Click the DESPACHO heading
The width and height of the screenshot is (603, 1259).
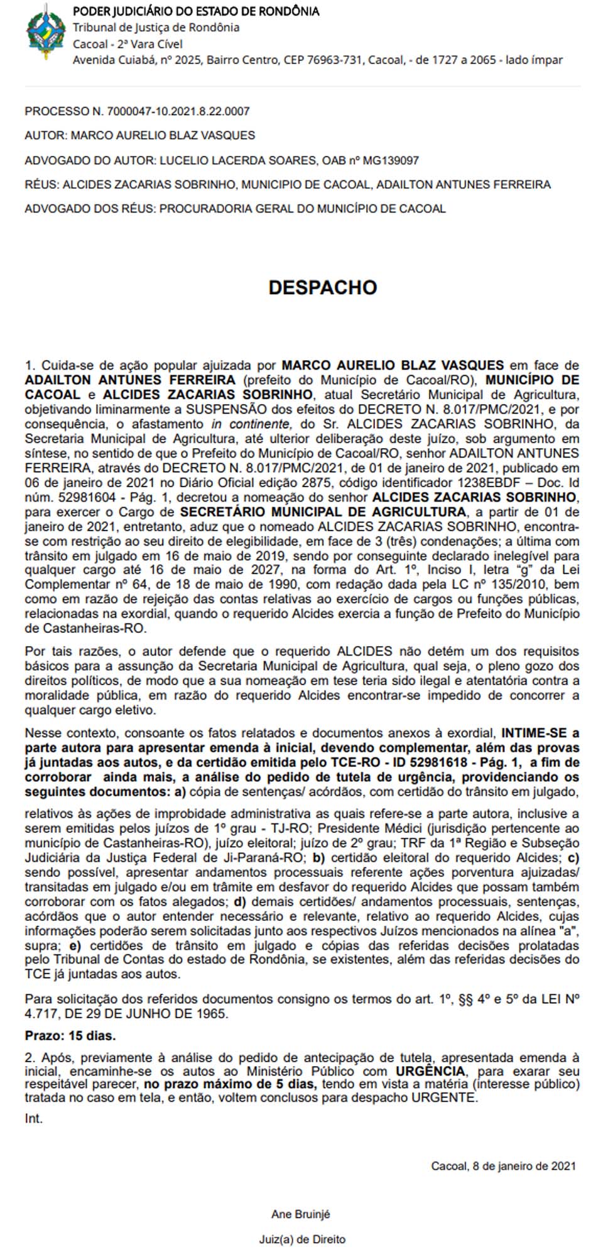pos(323,287)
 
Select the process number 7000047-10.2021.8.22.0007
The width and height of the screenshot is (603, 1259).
pos(178,111)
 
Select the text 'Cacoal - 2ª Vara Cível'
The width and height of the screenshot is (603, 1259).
pos(128,44)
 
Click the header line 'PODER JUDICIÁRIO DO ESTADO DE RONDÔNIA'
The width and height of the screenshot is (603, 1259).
pos(196,11)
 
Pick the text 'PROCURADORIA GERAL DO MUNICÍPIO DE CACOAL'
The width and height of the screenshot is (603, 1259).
pos(302,209)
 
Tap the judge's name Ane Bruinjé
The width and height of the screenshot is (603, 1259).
pos(301,1214)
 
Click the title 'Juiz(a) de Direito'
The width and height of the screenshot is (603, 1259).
pos(302,1240)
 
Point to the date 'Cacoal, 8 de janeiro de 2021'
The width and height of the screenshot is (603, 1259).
pos(503,1166)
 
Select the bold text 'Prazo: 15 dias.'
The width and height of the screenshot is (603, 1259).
pos(70,1035)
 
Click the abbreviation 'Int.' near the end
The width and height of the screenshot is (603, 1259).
pos(34,1119)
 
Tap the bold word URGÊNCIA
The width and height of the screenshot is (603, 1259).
pos(431,1070)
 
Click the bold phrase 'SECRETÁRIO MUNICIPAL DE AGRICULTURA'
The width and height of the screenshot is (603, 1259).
pos(323,512)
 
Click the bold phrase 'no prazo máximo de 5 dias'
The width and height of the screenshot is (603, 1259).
pos(229,1084)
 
